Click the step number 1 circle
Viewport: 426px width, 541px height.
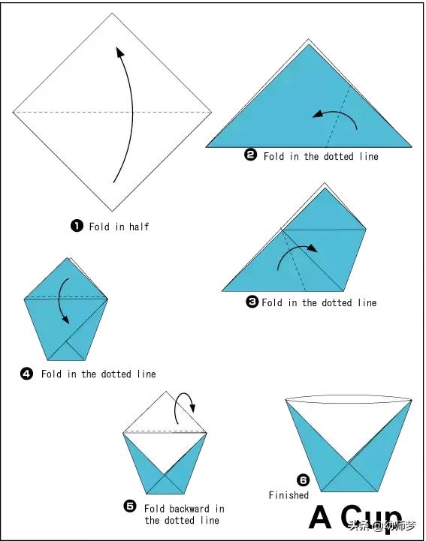[x=77, y=227]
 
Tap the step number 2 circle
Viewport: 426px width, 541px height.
[x=250, y=155]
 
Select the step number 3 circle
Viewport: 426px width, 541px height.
[x=252, y=302]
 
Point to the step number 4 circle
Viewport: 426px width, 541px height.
[x=26, y=374]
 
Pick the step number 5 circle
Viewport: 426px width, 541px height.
[x=130, y=506]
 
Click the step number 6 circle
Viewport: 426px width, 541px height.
[x=303, y=480]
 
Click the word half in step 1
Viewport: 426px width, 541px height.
[x=139, y=227]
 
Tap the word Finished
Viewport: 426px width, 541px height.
[x=289, y=495]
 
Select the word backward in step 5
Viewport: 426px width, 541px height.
[x=189, y=509]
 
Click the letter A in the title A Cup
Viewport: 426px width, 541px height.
[x=320, y=517]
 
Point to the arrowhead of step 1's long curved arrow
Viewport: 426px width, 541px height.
[x=119, y=53]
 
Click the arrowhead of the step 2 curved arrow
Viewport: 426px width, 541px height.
[x=317, y=115]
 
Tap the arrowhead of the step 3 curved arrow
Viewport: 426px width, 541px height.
[x=313, y=248]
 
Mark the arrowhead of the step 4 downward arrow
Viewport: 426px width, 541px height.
[x=65, y=320]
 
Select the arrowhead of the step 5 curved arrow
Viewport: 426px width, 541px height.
[x=192, y=407]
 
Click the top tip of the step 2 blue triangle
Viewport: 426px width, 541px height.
[x=309, y=45]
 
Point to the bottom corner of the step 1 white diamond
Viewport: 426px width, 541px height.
[x=112, y=211]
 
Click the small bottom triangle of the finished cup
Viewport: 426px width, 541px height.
[x=349, y=482]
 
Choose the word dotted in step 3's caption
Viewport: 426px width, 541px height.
[x=337, y=302]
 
